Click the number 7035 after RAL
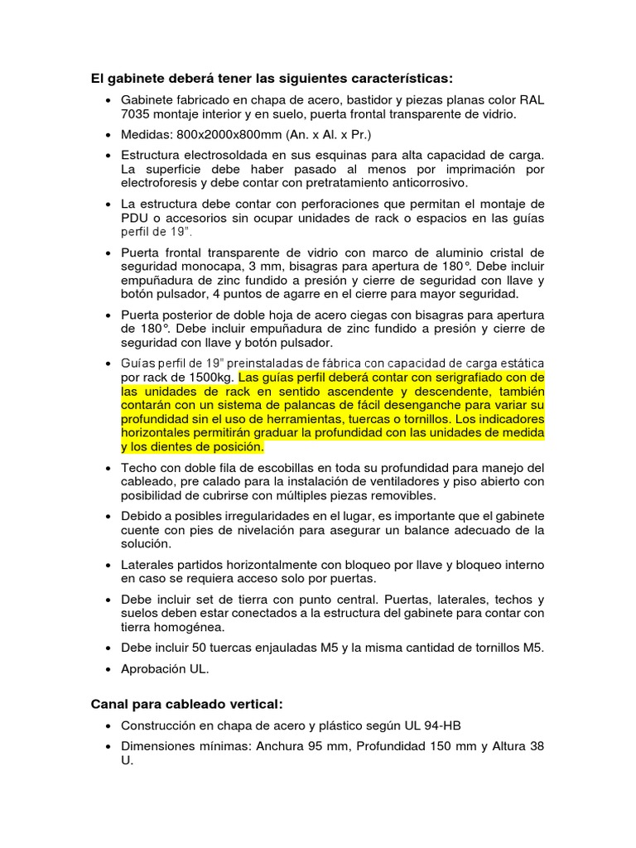(137, 113)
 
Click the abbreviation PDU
(134, 218)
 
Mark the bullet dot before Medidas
(110, 135)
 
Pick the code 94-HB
(434, 725)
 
